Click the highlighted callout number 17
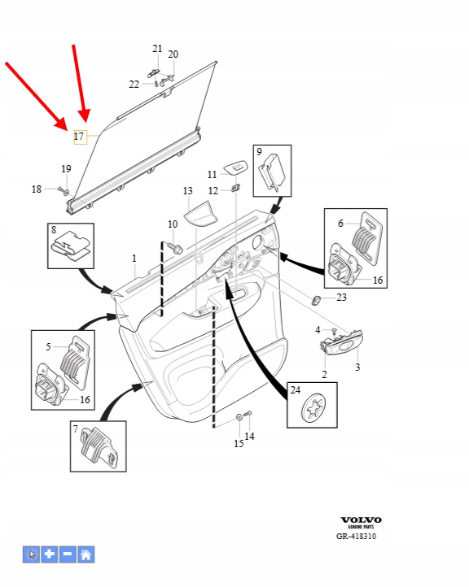[79, 137]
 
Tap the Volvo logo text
[361, 520]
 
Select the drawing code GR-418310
[356, 536]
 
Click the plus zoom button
[50, 554]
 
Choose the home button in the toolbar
[85, 554]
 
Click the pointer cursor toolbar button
[31, 554]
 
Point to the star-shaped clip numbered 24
[313, 407]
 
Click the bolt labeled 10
[175, 248]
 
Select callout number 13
[188, 191]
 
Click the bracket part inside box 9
[272, 171]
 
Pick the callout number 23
[341, 298]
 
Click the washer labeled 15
[239, 417]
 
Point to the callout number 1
[134, 259]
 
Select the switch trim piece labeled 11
[236, 167]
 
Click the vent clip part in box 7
[99, 447]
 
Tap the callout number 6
[340, 223]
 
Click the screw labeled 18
[61, 189]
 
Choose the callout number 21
[157, 49]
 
